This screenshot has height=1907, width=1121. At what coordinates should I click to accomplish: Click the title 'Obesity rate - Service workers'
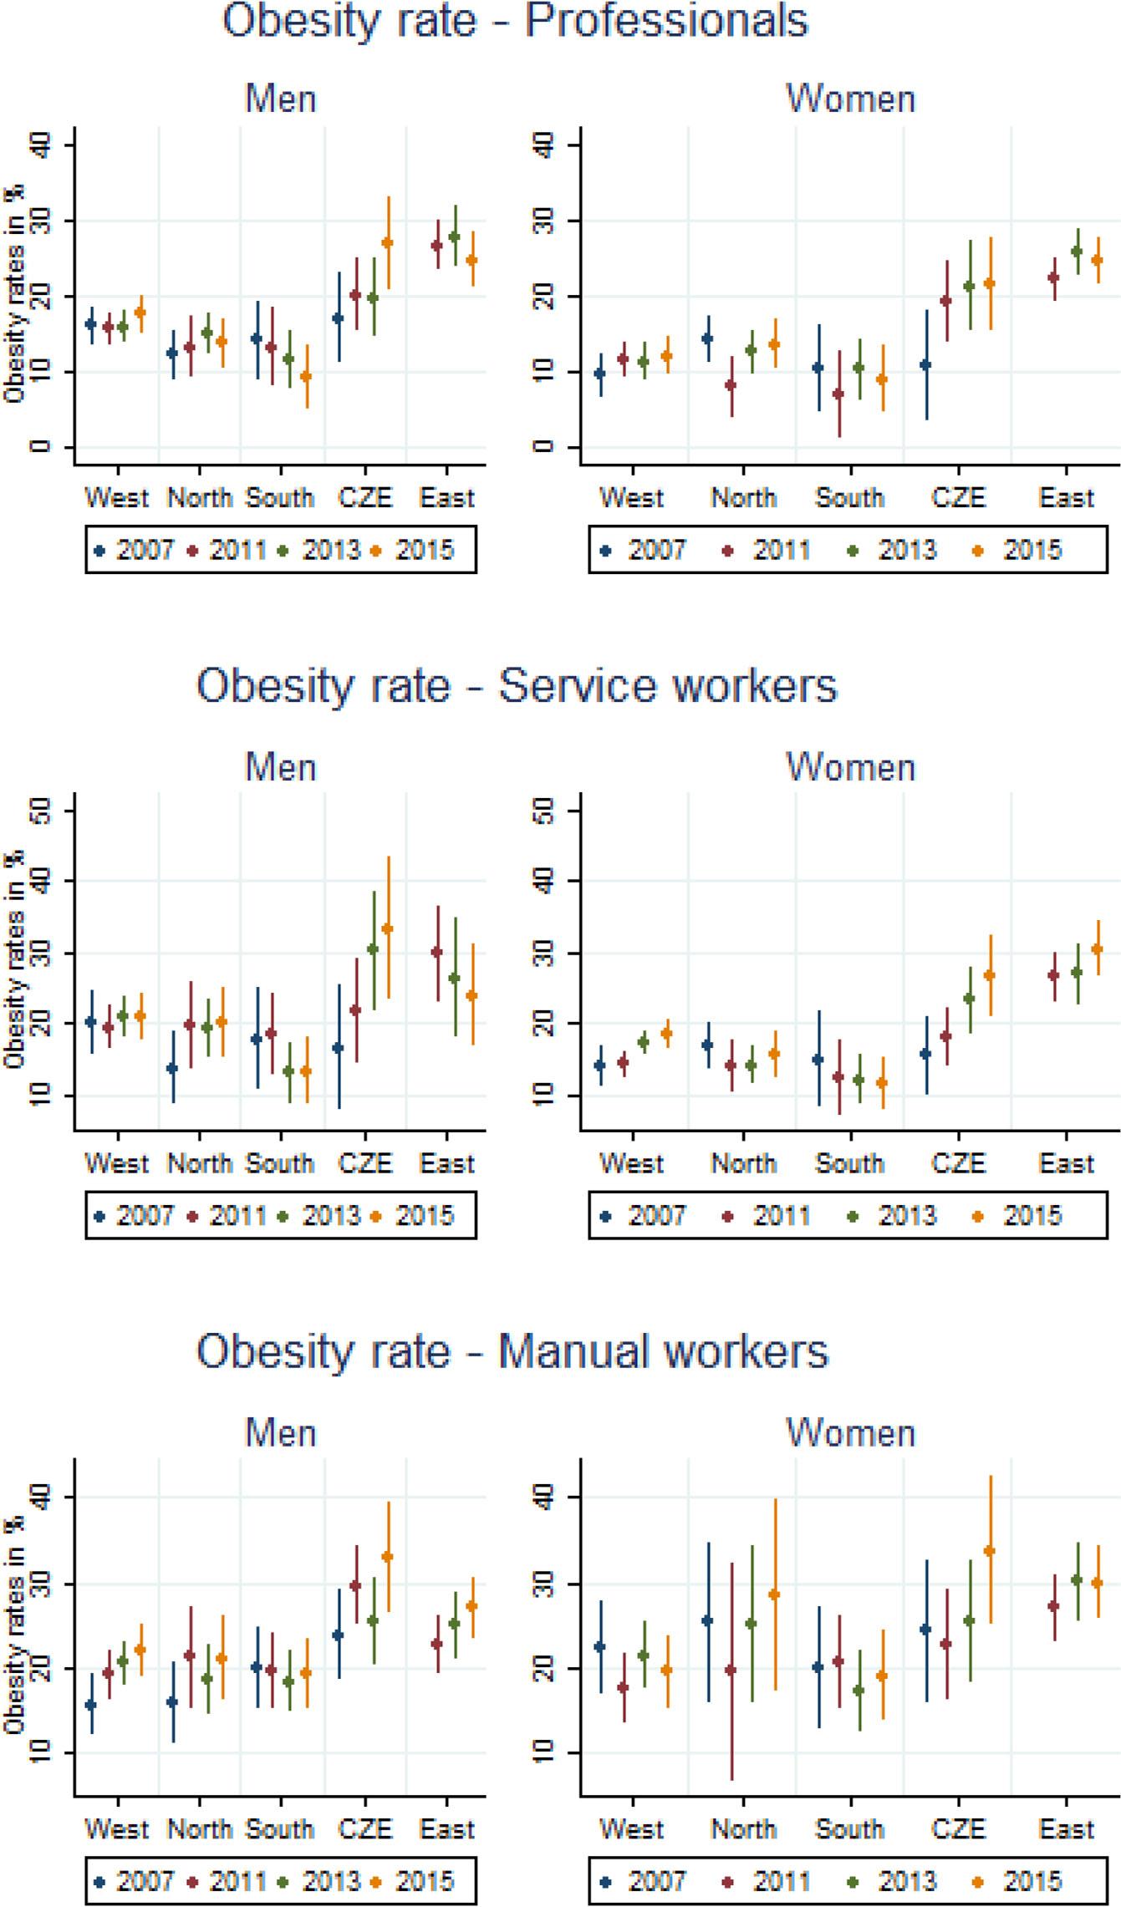[x=516, y=686]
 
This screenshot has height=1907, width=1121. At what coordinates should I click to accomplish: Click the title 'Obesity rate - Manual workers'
[x=512, y=1351]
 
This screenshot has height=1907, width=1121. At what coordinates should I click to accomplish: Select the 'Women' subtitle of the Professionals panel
[x=850, y=99]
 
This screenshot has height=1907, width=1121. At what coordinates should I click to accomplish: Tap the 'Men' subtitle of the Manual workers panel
[x=281, y=1433]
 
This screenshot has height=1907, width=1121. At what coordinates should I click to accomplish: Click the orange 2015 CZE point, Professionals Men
[x=387, y=243]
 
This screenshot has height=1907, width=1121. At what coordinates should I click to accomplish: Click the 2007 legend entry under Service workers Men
[x=134, y=1216]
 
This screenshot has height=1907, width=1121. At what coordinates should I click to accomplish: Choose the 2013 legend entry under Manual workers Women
[x=894, y=1881]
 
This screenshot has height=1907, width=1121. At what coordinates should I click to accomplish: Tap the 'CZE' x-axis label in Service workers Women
[x=958, y=1163]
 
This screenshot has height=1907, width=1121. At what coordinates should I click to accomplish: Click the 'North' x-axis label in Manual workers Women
[x=743, y=1829]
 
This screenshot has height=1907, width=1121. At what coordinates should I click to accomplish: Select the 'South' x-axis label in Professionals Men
[x=279, y=498]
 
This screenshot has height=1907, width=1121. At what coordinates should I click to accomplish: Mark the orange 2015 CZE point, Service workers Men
[x=387, y=928]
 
